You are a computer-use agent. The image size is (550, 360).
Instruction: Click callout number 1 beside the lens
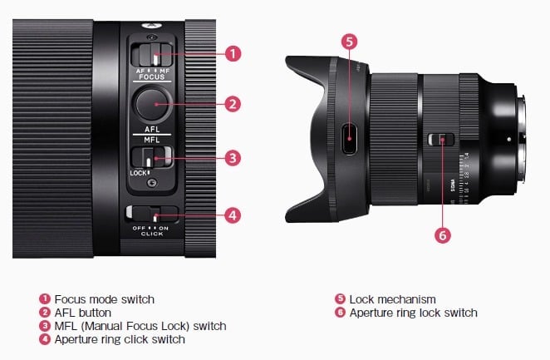click(233, 54)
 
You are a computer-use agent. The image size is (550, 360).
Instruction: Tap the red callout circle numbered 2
click(233, 104)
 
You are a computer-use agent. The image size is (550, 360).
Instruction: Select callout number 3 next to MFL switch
click(233, 158)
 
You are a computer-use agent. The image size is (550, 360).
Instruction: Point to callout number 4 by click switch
click(233, 215)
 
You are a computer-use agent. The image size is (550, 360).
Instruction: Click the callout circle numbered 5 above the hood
click(350, 42)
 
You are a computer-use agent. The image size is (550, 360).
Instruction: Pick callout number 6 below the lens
click(443, 235)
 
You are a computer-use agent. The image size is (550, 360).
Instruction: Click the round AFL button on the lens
click(151, 104)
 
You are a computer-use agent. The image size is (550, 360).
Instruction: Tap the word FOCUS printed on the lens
click(151, 76)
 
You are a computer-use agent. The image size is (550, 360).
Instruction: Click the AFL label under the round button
click(152, 129)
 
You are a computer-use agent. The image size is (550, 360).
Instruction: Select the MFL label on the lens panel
click(152, 140)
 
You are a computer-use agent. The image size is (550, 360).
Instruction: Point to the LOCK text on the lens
click(138, 173)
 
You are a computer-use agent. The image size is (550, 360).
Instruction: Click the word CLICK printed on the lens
click(152, 234)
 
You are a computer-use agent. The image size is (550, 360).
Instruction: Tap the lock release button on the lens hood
click(350, 139)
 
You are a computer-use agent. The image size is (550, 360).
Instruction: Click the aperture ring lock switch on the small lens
click(441, 140)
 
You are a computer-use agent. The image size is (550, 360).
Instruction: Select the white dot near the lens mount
click(509, 140)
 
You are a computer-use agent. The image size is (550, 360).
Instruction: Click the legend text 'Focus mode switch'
click(105, 299)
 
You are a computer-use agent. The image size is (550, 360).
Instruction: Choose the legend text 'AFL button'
click(83, 313)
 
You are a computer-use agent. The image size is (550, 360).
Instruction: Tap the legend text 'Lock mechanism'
click(392, 299)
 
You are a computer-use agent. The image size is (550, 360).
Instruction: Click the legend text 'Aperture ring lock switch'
click(414, 313)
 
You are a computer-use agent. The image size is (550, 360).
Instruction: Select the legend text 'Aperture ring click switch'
click(120, 339)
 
